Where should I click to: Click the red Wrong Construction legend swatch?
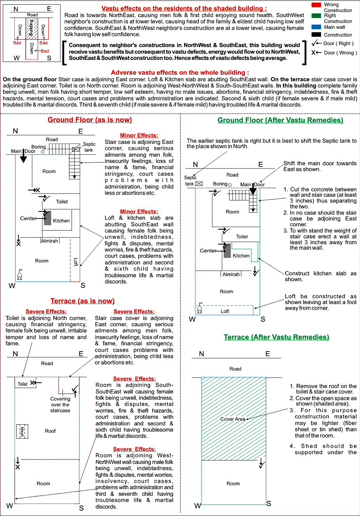click(x=316, y=5)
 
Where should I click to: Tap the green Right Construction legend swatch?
click(x=316, y=16)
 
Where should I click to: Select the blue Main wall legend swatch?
click(x=316, y=27)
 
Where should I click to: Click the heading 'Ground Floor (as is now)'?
click(x=90, y=120)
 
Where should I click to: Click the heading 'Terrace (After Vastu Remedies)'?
click(x=276, y=337)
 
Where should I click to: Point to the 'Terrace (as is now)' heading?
click(x=83, y=301)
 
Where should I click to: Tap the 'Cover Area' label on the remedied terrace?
click(x=233, y=419)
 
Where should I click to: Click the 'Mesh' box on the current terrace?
click(x=22, y=431)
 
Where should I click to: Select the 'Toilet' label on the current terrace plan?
click(x=23, y=384)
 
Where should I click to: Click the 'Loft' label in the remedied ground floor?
click(x=225, y=311)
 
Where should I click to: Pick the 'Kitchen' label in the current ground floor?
click(x=61, y=221)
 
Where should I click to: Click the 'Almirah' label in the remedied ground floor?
click(x=231, y=275)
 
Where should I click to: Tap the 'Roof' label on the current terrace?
click(x=50, y=431)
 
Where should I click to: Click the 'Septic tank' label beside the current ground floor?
click(x=89, y=147)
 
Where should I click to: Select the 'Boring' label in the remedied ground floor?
click(x=220, y=184)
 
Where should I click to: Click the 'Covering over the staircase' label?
click(x=60, y=404)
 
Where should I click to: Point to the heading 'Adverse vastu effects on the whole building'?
click(x=180, y=72)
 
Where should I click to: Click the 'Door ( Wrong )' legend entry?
click(x=340, y=53)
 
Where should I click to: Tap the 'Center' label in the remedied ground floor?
click(x=208, y=251)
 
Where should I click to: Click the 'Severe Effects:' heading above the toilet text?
click(x=46, y=311)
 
